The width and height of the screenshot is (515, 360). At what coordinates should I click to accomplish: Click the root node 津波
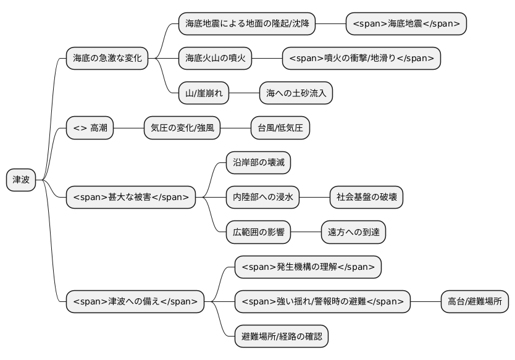coord(21,180)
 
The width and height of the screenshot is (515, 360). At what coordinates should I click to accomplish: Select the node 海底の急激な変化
coord(107,59)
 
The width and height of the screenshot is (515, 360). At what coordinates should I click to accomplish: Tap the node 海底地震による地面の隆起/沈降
coord(246,24)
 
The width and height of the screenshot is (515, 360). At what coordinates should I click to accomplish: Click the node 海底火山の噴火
coord(216,59)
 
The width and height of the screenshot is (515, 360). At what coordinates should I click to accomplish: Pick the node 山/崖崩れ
coord(203,93)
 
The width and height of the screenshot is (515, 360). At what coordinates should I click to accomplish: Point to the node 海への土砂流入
coord(296,93)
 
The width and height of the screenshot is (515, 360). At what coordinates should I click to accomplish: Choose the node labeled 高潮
coord(90,128)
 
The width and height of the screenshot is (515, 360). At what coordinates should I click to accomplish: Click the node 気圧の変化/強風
coord(182,128)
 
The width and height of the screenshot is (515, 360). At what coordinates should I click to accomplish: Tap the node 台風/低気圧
coord(280,128)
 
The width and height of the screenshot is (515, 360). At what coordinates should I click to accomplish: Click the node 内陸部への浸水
coord(262,198)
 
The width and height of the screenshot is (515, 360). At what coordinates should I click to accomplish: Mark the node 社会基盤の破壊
coord(366,198)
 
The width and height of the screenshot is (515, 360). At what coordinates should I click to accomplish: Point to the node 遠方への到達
coord(353,232)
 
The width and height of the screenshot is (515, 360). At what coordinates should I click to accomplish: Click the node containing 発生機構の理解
coord(308,267)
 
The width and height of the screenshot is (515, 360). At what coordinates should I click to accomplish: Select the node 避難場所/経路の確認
coord(282,337)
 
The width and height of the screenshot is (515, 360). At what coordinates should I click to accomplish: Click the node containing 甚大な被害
coord(131,198)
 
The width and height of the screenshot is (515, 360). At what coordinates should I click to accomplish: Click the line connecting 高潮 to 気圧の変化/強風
coord(128,128)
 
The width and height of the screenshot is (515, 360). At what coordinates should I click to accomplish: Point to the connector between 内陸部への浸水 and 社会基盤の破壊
coord(314,198)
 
